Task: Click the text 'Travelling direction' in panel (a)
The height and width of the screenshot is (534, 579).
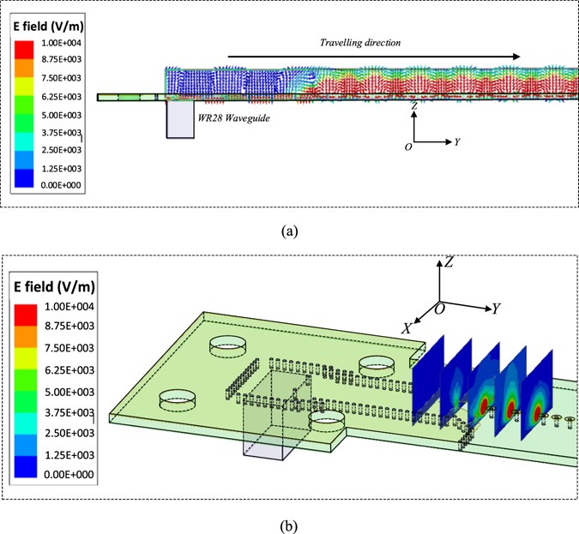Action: point(360,42)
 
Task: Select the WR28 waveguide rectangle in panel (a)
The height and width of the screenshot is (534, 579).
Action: point(180,119)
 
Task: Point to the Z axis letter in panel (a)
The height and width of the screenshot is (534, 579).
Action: point(414,105)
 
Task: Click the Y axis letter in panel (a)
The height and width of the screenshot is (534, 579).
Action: point(458,141)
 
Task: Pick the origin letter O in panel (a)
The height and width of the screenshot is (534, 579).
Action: point(408,147)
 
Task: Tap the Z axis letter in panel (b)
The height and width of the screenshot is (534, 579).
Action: point(449,263)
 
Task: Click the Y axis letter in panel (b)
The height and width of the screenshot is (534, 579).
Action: point(497,308)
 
